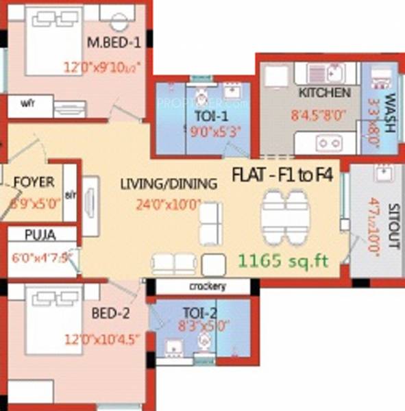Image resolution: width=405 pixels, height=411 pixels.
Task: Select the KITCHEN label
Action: tap(325, 92)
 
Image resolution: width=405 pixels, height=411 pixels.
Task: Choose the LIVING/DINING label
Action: tap(168, 184)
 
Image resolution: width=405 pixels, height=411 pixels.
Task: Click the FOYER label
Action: tap(33, 183)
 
